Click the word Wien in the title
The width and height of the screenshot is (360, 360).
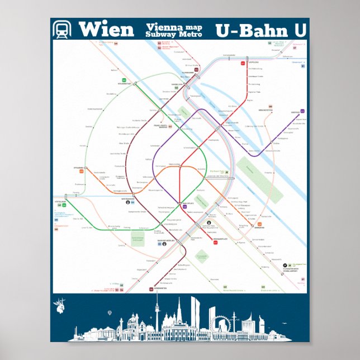tap(106, 30)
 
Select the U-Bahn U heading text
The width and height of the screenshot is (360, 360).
tap(260, 31)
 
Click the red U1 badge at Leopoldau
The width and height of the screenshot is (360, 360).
tap(243, 63)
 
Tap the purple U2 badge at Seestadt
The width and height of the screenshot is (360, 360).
tap(302, 111)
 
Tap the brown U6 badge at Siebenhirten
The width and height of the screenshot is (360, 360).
tap(151, 289)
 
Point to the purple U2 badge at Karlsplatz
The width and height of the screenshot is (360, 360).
tap(184, 207)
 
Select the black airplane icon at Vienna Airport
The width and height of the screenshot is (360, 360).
tap(286, 263)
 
